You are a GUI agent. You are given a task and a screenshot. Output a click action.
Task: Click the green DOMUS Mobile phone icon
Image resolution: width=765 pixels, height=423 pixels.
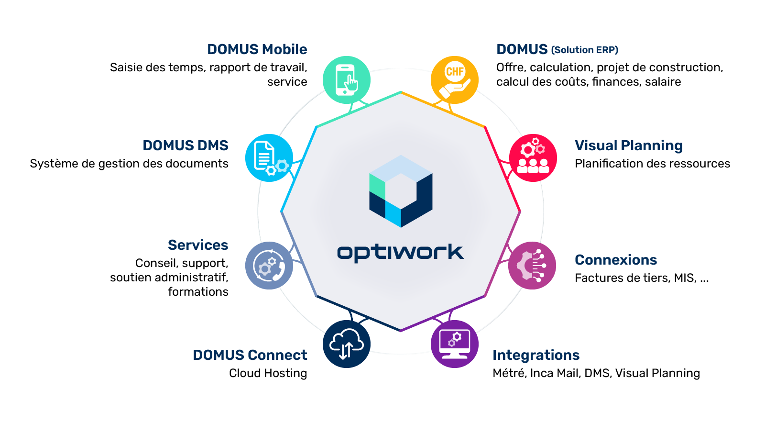347,80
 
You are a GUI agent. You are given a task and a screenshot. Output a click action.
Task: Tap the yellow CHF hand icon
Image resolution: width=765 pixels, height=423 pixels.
454,80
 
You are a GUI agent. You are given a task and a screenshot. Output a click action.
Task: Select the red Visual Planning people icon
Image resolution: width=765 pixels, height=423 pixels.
533,158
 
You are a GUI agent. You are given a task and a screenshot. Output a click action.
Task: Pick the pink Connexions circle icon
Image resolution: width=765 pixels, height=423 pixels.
532,266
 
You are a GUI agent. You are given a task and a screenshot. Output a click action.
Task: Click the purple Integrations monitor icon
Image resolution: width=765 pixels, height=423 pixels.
454,344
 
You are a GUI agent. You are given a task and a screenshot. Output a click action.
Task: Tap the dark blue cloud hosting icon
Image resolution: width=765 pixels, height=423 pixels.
347,344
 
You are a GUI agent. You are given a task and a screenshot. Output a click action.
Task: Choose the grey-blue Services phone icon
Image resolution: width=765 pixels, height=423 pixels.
269,266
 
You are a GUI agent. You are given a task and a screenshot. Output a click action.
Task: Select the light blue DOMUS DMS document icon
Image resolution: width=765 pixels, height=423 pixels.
269,158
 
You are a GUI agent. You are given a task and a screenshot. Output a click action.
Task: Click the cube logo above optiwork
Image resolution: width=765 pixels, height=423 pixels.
401,191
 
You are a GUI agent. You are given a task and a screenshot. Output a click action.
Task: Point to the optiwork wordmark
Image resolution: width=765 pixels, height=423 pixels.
400,253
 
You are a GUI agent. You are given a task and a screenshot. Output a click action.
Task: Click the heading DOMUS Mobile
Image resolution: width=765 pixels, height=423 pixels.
257,49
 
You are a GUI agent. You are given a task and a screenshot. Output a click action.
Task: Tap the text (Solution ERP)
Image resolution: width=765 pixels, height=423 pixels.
585,50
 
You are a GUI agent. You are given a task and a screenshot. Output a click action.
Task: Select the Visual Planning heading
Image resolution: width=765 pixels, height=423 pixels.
628,145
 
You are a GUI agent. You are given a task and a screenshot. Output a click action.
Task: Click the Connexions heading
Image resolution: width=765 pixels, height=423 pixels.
616,260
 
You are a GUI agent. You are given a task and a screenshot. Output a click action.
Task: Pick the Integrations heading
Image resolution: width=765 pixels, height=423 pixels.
536,355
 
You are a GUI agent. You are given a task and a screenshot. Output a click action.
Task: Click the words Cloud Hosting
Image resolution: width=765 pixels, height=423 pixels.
268,373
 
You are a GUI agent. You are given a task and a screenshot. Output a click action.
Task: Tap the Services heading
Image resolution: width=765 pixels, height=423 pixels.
198,245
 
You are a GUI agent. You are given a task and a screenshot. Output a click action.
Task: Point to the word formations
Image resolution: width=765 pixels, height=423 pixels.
198,292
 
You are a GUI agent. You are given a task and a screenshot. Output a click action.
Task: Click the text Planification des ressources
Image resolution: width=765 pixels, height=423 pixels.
652,164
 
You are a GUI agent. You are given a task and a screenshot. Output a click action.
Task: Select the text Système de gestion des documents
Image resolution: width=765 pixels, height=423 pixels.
129,164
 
